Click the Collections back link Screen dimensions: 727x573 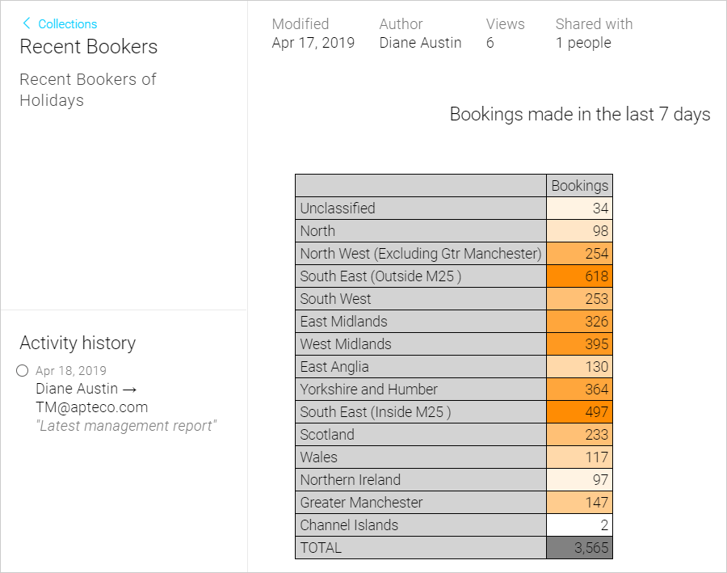[x=59, y=23]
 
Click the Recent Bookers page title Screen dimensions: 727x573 [x=89, y=46]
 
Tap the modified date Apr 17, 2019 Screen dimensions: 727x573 [x=313, y=43]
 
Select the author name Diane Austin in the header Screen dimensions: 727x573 [x=420, y=43]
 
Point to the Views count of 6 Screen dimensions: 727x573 [x=490, y=43]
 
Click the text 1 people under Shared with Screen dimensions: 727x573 [x=583, y=43]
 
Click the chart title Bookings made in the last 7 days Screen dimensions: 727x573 [x=579, y=114]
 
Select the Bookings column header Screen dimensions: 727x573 [x=579, y=186]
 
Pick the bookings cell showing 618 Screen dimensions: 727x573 [x=579, y=276]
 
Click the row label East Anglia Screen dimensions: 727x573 [x=334, y=367]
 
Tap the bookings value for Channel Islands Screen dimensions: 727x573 [x=579, y=525]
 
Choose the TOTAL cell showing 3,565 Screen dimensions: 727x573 [x=579, y=547]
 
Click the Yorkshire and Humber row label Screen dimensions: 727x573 [x=368, y=389]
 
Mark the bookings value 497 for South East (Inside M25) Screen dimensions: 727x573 [x=579, y=411]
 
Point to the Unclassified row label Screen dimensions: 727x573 [x=338, y=208]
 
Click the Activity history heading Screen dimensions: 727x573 [x=78, y=343]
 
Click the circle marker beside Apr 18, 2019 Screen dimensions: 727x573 [x=23, y=370]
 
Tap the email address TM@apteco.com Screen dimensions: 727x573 [x=92, y=407]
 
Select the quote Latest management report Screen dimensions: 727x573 [x=126, y=426]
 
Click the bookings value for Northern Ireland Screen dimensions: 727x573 [x=579, y=480]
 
